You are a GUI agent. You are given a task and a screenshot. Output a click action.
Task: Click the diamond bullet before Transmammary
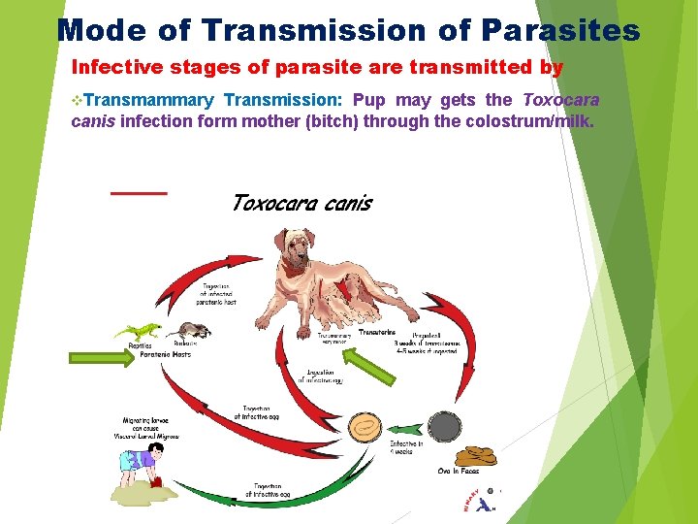click(x=78, y=100)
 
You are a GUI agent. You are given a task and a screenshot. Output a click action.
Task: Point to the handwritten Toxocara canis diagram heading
click(x=301, y=204)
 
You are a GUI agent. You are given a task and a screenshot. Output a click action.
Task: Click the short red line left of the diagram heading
click(x=139, y=192)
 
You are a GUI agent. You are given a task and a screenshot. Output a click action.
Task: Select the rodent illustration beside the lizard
click(x=193, y=331)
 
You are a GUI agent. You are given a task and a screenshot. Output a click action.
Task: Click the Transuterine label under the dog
click(x=376, y=333)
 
